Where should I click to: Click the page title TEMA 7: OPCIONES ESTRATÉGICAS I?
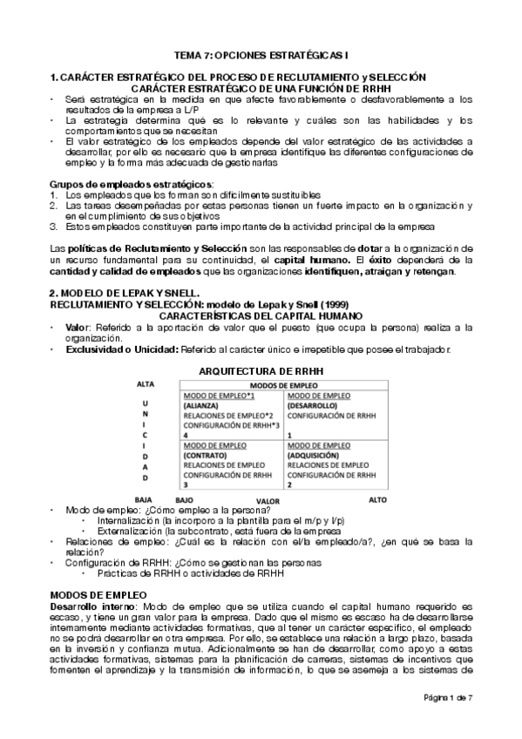262,54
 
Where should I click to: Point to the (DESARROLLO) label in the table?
310,406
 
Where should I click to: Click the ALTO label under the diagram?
377,499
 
